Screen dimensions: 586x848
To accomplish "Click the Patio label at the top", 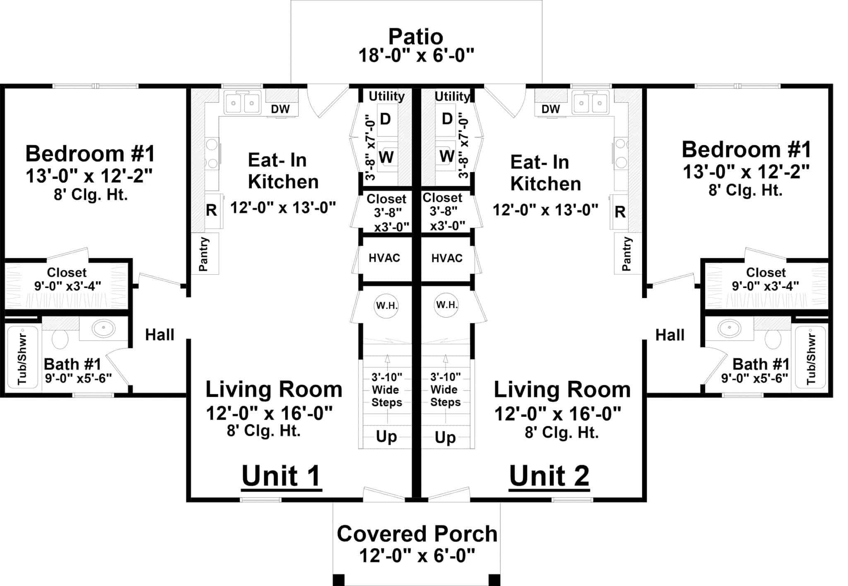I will pyautogui.click(x=416, y=37).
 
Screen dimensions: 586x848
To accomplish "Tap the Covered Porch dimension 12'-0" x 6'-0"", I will pyautogui.click(x=417, y=555).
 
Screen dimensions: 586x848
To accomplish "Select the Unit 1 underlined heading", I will pyautogui.click(x=281, y=476).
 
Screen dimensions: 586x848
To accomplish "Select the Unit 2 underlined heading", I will pyautogui.click(x=549, y=476).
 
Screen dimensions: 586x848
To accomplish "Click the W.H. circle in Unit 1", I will pyautogui.click(x=386, y=306).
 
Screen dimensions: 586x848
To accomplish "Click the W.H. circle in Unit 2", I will pyautogui.click(x=446, y=305).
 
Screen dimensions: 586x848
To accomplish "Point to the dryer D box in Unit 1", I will pyautogui.click(x=385, y=119).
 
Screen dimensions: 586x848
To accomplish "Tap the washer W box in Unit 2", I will pyautogui.click(x=446, y=156).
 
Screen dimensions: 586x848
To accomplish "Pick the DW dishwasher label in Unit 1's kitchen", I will pyautogui.click(x=280, y=109).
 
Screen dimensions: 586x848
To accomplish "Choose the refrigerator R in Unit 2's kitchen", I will pyautogui.click(x=620, y=212).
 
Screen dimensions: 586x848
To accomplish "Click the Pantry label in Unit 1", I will pyautogui.click(x=204, y=254).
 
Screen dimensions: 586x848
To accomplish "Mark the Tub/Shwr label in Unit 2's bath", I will pyautogui.click(x=811, y=359).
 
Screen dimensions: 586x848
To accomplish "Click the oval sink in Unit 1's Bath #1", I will pyautogui.click(x=104, y=329).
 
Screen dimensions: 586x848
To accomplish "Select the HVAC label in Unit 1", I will pyautogui.click(x=384, y=258).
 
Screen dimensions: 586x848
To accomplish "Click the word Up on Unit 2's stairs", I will pyautogui.click(x=445, y=437).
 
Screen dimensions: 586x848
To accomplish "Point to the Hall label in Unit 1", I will pyautogui.click(x=159, y=335).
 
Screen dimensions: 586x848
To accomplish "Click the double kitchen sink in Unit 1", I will pyautogui.click(x=243, y=103).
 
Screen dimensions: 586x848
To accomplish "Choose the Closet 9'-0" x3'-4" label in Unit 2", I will pyautogui.click(x=765, y=279).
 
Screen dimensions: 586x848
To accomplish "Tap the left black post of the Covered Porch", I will pyautogui.click(x=338, y=580).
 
